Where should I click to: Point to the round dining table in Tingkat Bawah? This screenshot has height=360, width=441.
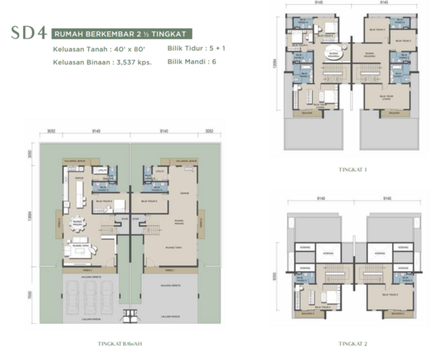[79, 223]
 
